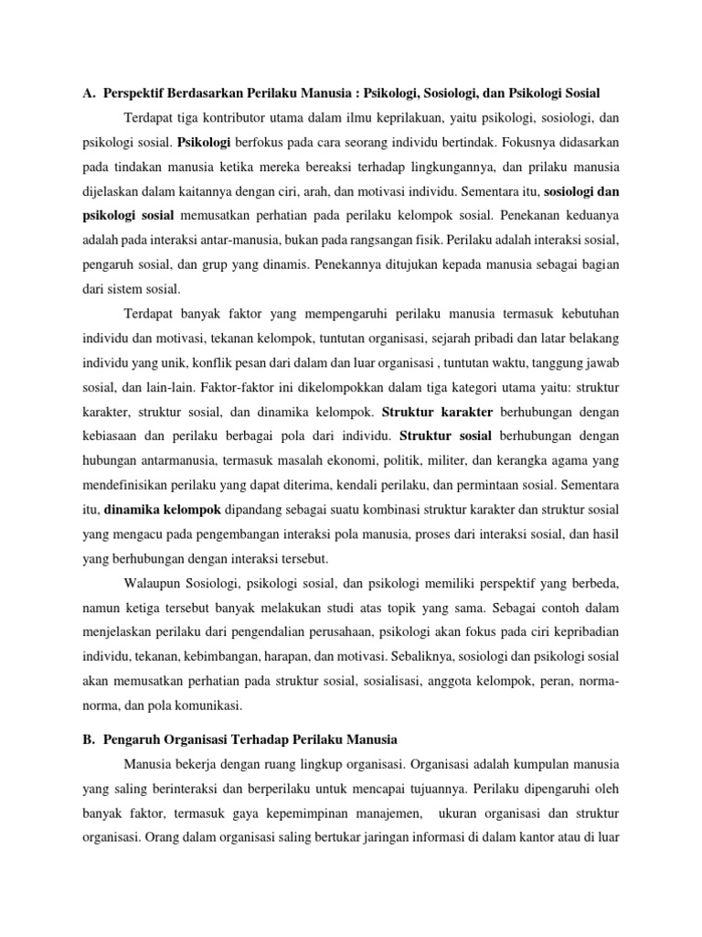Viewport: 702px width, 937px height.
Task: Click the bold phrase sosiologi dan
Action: tap(583, 194)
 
